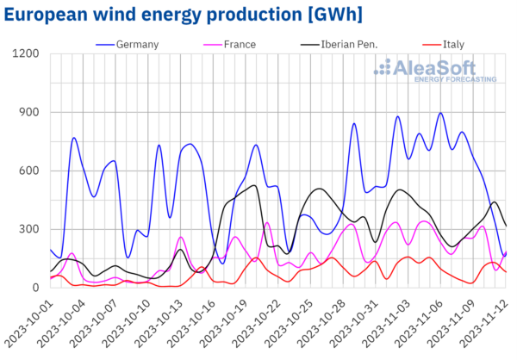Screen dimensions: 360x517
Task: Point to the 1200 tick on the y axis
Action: pyautogui.click(x=26, y=54)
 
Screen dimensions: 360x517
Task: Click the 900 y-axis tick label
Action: pyautogui.click(x=29, y=113)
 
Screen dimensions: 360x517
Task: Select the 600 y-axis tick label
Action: pyautogui.click(x=29, y=171)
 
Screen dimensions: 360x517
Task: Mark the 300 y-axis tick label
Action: pyautogui.click(x=29, y=229)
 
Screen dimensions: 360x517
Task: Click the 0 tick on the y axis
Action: pyautogui.click(x=36, y=288)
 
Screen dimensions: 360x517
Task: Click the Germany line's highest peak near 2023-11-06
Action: pyautogui.click(x=440, y=113)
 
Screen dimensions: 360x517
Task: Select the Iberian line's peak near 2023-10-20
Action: pyautogui.click(x=254, y=185)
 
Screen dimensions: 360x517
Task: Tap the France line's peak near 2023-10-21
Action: pyautogui.click(x=267, y=222)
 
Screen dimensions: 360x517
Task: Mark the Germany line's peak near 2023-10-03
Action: pyautogui.click(x=74, y=138)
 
